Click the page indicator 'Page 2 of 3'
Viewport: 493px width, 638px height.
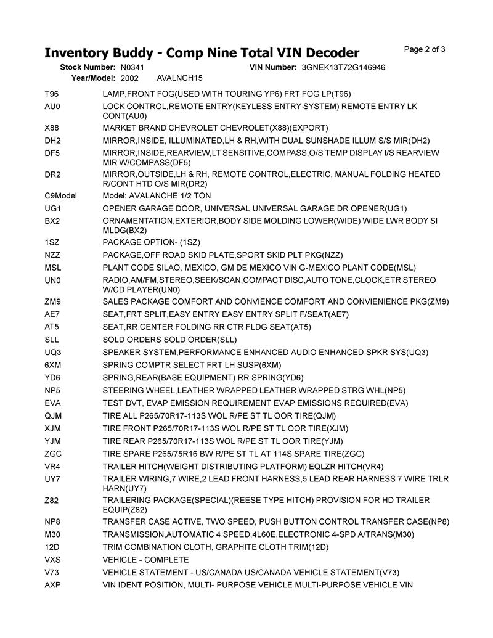[425, 49]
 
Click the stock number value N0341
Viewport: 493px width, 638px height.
[132, 67]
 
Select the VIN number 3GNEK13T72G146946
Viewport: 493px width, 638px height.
[344, 67]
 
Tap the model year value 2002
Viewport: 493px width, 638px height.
[129, 78]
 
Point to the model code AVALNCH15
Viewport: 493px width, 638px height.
[180, 78]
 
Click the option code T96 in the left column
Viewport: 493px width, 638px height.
[52, 94]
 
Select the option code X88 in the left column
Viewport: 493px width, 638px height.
[52, 128]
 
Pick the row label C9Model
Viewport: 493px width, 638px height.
[60, 195]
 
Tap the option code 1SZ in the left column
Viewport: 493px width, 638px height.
[52, 242]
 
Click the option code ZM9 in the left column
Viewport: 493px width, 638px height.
[53, 301]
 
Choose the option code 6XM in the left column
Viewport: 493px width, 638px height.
[53, 365]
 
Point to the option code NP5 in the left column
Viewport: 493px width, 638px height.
[52, 390]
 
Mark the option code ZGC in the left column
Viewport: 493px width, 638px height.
[53, 454]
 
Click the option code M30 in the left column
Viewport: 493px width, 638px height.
[52, 534]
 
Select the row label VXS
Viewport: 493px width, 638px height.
[52, 559]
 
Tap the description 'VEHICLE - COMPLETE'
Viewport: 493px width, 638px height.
[145, 559]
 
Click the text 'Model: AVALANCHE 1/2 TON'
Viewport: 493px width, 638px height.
[157, 195]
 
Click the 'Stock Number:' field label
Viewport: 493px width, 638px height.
[88, 67]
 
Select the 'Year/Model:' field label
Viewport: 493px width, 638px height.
[93, 78]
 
